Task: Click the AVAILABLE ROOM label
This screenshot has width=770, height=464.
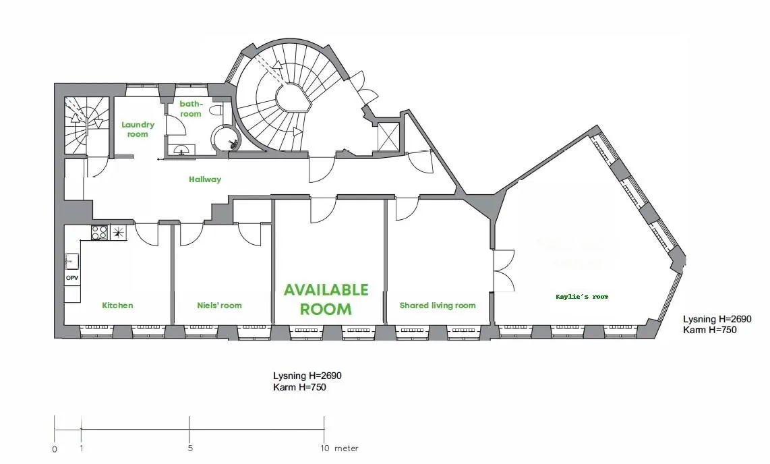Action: click(326, 299)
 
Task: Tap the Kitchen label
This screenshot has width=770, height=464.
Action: click(117, 306)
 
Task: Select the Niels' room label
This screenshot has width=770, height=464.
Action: click(220, 306)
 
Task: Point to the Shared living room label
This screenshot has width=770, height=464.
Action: click(438, 306)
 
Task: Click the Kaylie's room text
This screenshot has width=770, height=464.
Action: click(582, 297)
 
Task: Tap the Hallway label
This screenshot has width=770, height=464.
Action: click(205, 179)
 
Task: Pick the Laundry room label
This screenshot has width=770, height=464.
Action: click(138, 129)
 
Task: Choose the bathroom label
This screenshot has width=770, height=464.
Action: click(191, 109)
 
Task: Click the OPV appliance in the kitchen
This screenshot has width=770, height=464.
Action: click(72, 278)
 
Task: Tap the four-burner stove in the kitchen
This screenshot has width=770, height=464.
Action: click(100, 232)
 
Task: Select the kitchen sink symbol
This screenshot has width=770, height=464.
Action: click(71, 261)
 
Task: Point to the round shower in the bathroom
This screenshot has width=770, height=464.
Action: click(226, 138)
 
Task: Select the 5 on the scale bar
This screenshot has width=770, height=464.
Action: click(190, 448)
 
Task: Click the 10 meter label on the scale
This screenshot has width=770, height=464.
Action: click(340, 448)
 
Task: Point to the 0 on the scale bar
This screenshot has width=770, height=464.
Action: click(55, 448)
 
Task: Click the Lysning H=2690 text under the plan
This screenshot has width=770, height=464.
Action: click(307, 376)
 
